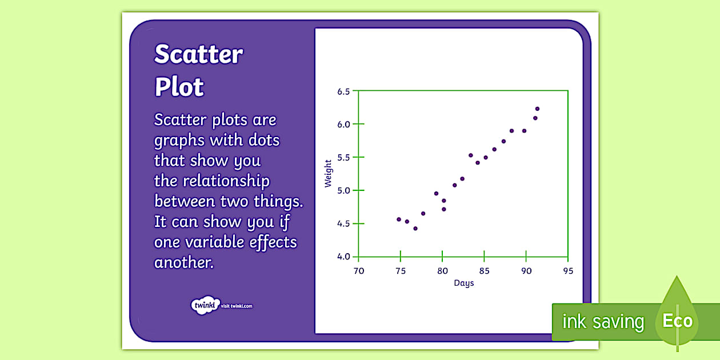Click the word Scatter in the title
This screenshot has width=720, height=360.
(x=198, y=55)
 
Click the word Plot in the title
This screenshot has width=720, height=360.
(x=179, y=87)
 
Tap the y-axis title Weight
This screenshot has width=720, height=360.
(x=328, y=174)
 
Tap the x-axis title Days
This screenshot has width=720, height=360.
(x=463, y=283)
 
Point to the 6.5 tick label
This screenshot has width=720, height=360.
(x=343, y=91)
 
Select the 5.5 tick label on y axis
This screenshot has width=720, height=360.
(x=343, y=157)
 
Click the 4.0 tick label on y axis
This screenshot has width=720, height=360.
(x=343, y=257)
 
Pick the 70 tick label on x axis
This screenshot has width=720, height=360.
(x=358, y=271)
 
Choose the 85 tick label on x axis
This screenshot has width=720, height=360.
(x=483, y=271)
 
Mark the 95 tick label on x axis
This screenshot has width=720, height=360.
(x=567, y=271)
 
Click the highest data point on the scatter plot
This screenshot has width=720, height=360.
(x=537, y=109)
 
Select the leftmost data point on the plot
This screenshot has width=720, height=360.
(x=399, y=219)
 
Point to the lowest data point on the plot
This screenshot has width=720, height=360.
(x=415, y=229)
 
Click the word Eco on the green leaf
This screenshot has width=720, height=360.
(x=677, y=321)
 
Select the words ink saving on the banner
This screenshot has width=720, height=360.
(x=603, y=322)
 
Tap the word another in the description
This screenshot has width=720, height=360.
(x=183, y=262)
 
